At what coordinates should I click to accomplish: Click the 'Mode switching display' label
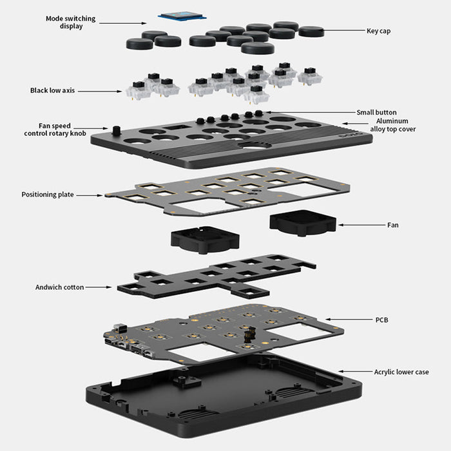(x=70, y=22)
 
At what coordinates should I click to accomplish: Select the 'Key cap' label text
(x=379, y=30)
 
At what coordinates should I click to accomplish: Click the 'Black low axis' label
(x=52, y=90)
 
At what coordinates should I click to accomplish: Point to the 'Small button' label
(x=376, y=112)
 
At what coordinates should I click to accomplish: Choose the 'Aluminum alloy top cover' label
(x=393, y=124)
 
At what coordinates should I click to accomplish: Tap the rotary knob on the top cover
(x=117, y=130)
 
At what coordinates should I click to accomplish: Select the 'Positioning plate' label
(x=48, y=194)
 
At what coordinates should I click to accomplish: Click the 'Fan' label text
(x=393, y=225)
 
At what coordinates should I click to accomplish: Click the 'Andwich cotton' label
(x=59, y=287)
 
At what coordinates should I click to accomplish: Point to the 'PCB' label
(x=381, y=319)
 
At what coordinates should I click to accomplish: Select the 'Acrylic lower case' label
(x=401, y=372)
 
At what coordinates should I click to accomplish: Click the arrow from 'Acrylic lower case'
(x=354, y=372)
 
